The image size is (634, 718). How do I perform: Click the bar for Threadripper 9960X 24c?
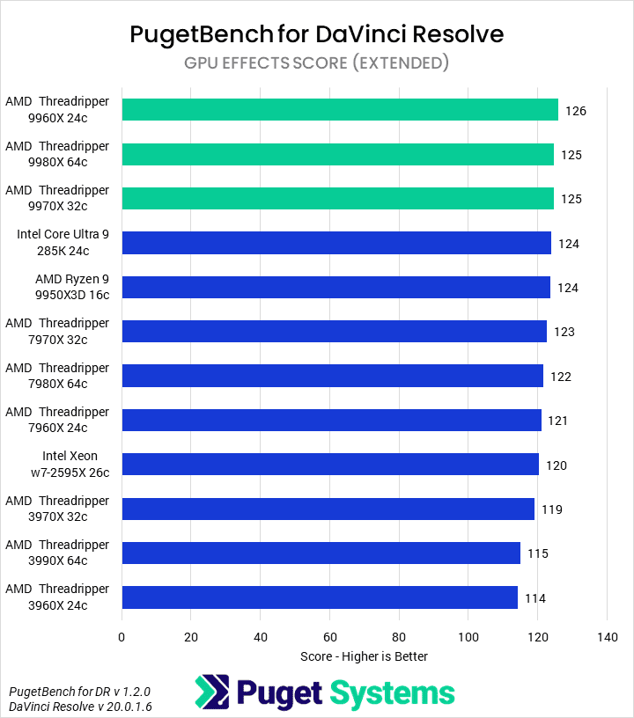pyautogui.click(x=340, y=110)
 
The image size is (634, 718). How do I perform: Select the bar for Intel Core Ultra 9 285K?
pyautogui.click(x=336, y=243)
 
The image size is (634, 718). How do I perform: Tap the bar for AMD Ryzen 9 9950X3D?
pyautogui.click(x=335, y=287)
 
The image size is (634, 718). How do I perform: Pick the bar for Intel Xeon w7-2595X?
pyautogui.click(x=330, y=465)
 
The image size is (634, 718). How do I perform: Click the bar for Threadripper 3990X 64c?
pyautogui.click(x=321, y=553)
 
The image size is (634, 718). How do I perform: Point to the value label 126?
pyautogui.click(x=576, y=111)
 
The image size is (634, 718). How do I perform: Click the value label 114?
pyautogui.click(x=535, y=598)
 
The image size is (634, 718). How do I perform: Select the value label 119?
pyautogui.click(x=552, y=509)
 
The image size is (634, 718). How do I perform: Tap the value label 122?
pyautogui.click(x=561, y=377)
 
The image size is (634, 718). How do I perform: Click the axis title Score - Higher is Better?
pyautogui.click(x=364, y=656)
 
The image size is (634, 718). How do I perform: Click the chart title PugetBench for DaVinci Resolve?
pyautogui.click(x=317, y=34)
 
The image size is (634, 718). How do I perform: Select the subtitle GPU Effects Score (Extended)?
pyautogui.click(x=317, y=62)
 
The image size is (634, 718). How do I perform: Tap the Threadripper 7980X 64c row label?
pyautogui.click(x=58, y=376)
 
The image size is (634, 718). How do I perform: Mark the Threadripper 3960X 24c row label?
pyautogui.click(x=58, y=597)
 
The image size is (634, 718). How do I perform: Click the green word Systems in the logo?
pyautogui.click(x=393, y=692)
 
